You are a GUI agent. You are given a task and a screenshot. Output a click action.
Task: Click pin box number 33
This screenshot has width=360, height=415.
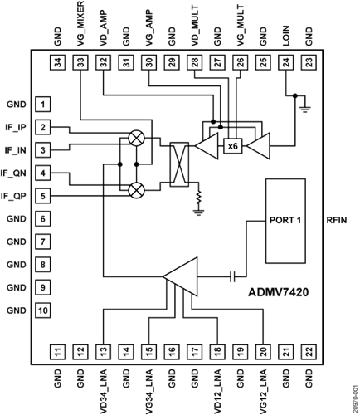click(80, 62)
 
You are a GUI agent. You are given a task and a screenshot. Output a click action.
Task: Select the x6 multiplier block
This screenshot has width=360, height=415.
click(233, 146)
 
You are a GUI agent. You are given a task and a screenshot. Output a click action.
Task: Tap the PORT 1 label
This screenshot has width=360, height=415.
click(285, 220)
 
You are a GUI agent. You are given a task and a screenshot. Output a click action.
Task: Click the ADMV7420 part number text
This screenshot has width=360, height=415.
click(278, 292)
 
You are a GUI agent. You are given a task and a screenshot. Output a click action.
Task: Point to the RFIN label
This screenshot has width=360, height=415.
click(337, 220)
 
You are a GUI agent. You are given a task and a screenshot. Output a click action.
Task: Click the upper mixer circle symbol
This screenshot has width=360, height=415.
click(137, 138)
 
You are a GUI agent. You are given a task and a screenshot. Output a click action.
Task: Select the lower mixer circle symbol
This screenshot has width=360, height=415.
click(137, 190)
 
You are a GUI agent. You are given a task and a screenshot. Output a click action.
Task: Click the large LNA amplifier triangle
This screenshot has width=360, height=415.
click(180, 276)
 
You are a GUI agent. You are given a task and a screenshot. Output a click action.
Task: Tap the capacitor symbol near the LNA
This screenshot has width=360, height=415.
click(233, 276)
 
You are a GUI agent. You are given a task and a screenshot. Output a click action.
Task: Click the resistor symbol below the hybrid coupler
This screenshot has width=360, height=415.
click(198, 198)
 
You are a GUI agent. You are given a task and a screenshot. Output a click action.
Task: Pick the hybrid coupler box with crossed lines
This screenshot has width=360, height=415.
click(179, 164)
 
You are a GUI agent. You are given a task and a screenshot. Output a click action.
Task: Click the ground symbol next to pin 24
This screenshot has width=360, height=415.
click(305, 109)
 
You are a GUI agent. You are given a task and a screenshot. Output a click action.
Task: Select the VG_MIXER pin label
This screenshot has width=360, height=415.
click(80, 23)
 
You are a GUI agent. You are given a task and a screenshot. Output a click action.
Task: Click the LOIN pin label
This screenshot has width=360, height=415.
click(286, 36)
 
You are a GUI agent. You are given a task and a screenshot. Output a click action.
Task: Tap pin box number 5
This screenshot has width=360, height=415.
click(43, 196)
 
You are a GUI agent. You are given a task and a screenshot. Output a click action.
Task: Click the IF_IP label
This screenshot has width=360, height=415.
click(16, 128)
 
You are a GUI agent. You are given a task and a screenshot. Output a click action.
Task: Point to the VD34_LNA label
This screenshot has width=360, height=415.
click(103, 391)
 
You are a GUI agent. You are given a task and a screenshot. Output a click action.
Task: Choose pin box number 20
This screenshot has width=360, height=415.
click(263, 352)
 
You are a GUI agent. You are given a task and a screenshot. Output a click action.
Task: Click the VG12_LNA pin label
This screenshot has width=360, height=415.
click(263, 391)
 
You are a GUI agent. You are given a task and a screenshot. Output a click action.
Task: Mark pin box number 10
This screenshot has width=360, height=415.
click(43, 310)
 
